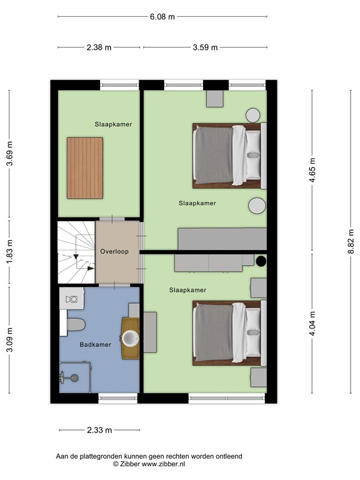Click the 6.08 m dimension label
click(x=162, y=17)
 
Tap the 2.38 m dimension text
click(x=99, y=47)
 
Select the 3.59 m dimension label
click(x=206, y=47)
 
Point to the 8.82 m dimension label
click(x=351, y=237)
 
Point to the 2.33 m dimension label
click(x=99, y=430)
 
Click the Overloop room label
click(x=114, y=252)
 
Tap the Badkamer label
click(x=95, y=344)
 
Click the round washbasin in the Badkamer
click(x=131, y=338)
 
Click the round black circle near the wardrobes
click(x=261, y=261)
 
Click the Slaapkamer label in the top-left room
click(x=114, y=124)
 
